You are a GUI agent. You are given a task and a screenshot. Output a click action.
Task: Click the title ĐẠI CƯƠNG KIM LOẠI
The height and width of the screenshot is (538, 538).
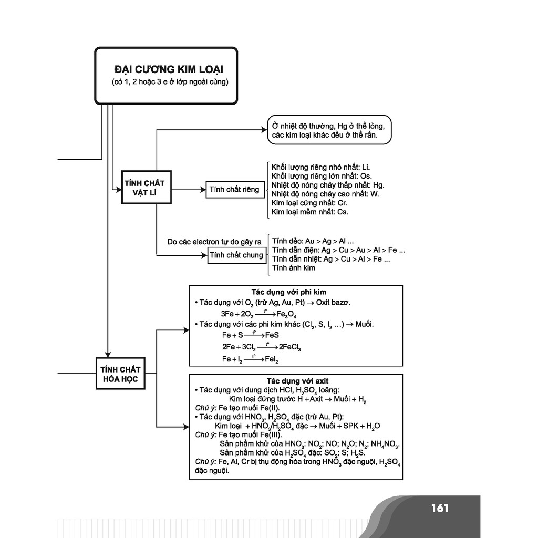point(168,69)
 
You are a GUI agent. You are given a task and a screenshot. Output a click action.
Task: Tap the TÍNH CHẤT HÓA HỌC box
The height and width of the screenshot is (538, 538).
point(120,374)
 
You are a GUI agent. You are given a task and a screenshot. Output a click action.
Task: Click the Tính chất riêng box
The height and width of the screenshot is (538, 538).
point(234,189)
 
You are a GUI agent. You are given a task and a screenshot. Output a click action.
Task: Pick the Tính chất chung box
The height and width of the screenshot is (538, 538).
point(236,255)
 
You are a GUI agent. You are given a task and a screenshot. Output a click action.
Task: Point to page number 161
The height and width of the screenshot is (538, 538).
point(439,508)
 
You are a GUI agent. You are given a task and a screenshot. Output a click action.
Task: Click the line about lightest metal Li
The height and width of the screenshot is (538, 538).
point(321,167)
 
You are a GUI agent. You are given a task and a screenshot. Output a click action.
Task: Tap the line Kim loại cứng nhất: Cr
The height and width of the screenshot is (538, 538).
point(309,203)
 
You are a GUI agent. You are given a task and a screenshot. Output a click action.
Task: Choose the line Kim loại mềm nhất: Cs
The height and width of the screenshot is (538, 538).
point(309,212)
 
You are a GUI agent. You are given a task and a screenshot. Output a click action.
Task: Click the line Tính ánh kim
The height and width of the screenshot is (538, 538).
point(294,268)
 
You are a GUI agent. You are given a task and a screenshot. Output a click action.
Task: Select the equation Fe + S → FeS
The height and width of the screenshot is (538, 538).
point(250,335)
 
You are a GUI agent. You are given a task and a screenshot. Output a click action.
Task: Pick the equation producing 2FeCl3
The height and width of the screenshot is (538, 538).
point(261,347)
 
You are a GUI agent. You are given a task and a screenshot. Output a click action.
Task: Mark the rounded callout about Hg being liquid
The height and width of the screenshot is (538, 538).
point(329,130)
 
